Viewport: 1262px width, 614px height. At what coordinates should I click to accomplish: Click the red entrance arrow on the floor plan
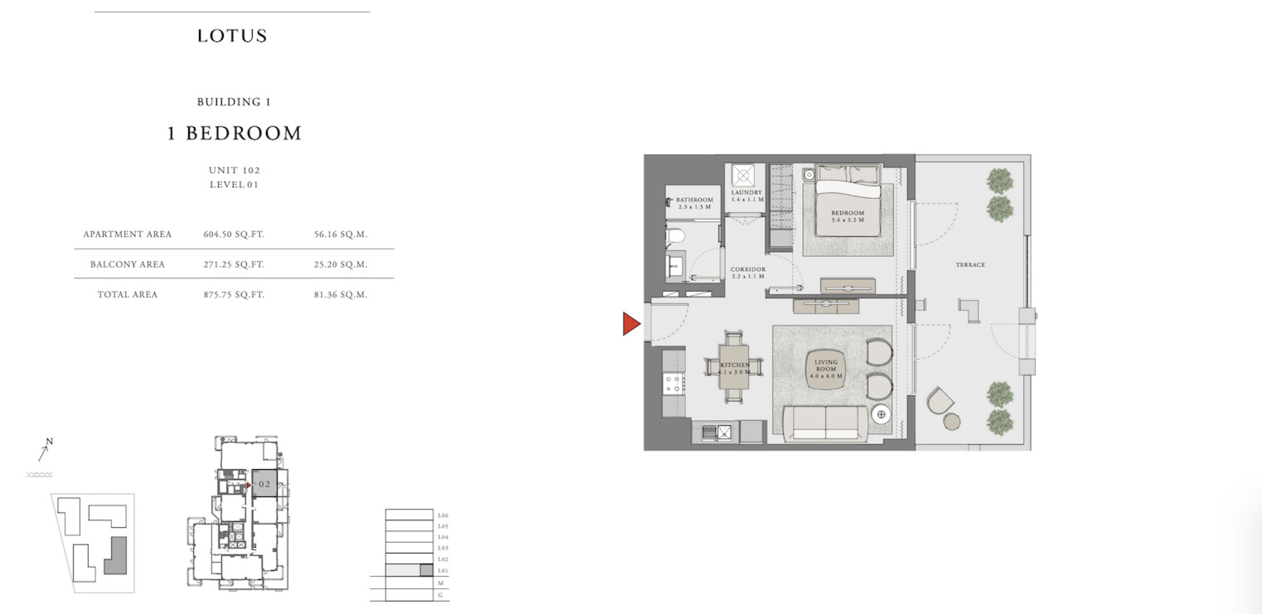[x=631, y=323]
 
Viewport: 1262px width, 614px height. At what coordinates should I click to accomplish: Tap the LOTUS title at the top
[x=232, y=36]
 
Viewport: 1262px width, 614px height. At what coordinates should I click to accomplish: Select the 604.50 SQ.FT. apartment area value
[x=234, y=234]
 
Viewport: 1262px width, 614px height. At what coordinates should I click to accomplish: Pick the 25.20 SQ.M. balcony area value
[x=341, y=264]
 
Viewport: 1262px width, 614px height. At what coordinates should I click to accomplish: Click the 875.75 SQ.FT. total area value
[x=234, y=294]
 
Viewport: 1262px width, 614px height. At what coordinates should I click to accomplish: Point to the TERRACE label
[x=970, y=265]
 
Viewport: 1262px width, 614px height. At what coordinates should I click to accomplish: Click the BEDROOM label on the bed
[x=848, y=213]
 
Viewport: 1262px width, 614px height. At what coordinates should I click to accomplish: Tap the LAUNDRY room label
[x=746, y=193]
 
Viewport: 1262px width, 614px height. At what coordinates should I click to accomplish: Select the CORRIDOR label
[x=748, y=269]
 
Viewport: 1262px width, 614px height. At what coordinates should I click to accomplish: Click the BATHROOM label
[x=695, y=200]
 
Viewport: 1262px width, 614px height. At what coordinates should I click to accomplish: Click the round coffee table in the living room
[x=825, y=369]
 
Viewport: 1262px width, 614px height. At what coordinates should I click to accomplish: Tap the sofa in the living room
[x=825, y=424]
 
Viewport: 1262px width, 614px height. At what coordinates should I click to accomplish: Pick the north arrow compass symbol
[x=44, y=451]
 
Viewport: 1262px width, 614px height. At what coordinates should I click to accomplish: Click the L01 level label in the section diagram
[x=443, y=571]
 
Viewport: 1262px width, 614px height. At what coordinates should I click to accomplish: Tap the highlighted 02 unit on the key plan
[x=264, y=484]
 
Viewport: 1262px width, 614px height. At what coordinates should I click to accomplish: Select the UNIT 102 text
[x=234, y=170]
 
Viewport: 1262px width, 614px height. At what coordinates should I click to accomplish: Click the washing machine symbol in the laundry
[x=743, y=175]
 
